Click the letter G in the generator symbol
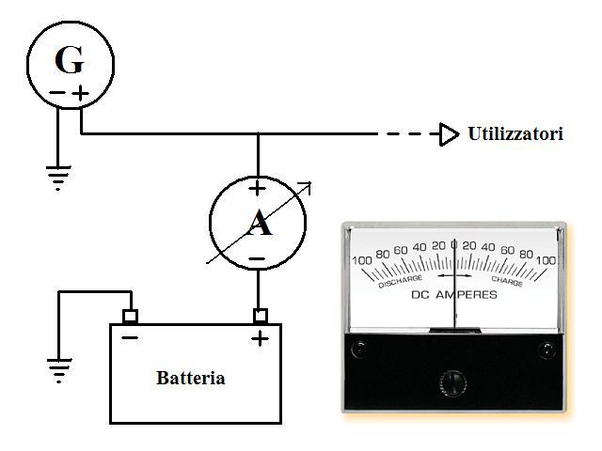tap(69, 61)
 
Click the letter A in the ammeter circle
tap(257, 223)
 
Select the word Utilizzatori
tap(515, 134)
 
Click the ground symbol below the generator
tap(58, 177)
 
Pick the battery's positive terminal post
tap(260, 315)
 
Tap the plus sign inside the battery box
tap(260, 337)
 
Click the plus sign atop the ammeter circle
tap(257, 188)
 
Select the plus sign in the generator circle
tap(82, 93)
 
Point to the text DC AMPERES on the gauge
tap(454, 294)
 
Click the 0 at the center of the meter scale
tap(454, 245)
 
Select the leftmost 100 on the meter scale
tap(362, 260)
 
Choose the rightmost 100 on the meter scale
tap(547, 260)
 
